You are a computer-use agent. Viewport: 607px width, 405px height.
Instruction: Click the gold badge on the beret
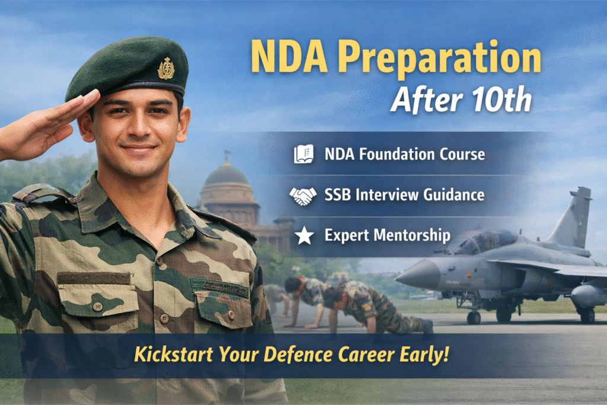[x=166, y=68]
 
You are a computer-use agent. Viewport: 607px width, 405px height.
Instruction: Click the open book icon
[x=303, y=155]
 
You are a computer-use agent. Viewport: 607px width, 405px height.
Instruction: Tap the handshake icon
[x=302, y=195]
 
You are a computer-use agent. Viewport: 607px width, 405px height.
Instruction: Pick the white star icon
[x=304, y=236]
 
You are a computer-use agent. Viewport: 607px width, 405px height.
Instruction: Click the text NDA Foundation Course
[x=404, y=155]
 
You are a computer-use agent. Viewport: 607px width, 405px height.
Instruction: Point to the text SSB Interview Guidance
[x=404, y=194]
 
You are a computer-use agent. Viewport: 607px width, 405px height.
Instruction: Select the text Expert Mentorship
[x=387, y=235]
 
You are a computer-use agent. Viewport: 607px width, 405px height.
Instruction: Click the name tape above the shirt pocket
[x=219, y=286]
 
